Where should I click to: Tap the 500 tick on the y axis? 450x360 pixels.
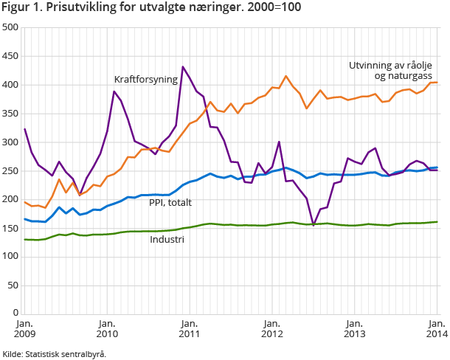11,27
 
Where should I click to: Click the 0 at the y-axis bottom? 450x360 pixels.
16,313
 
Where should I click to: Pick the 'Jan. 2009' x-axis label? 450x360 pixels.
24,328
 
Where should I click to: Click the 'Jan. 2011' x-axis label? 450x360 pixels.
190,328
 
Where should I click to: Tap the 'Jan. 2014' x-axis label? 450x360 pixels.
435,328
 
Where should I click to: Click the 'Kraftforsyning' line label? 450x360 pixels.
145,79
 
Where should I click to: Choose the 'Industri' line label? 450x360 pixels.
167,240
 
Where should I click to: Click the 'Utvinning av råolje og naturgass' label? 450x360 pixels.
389,70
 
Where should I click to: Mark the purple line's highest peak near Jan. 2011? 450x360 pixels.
183,66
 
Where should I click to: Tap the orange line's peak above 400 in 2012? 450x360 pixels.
286,76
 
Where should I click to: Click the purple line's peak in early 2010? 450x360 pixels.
114,91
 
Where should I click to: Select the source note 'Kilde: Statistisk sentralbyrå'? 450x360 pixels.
55,353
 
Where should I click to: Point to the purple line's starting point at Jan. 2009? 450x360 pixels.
24,129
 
